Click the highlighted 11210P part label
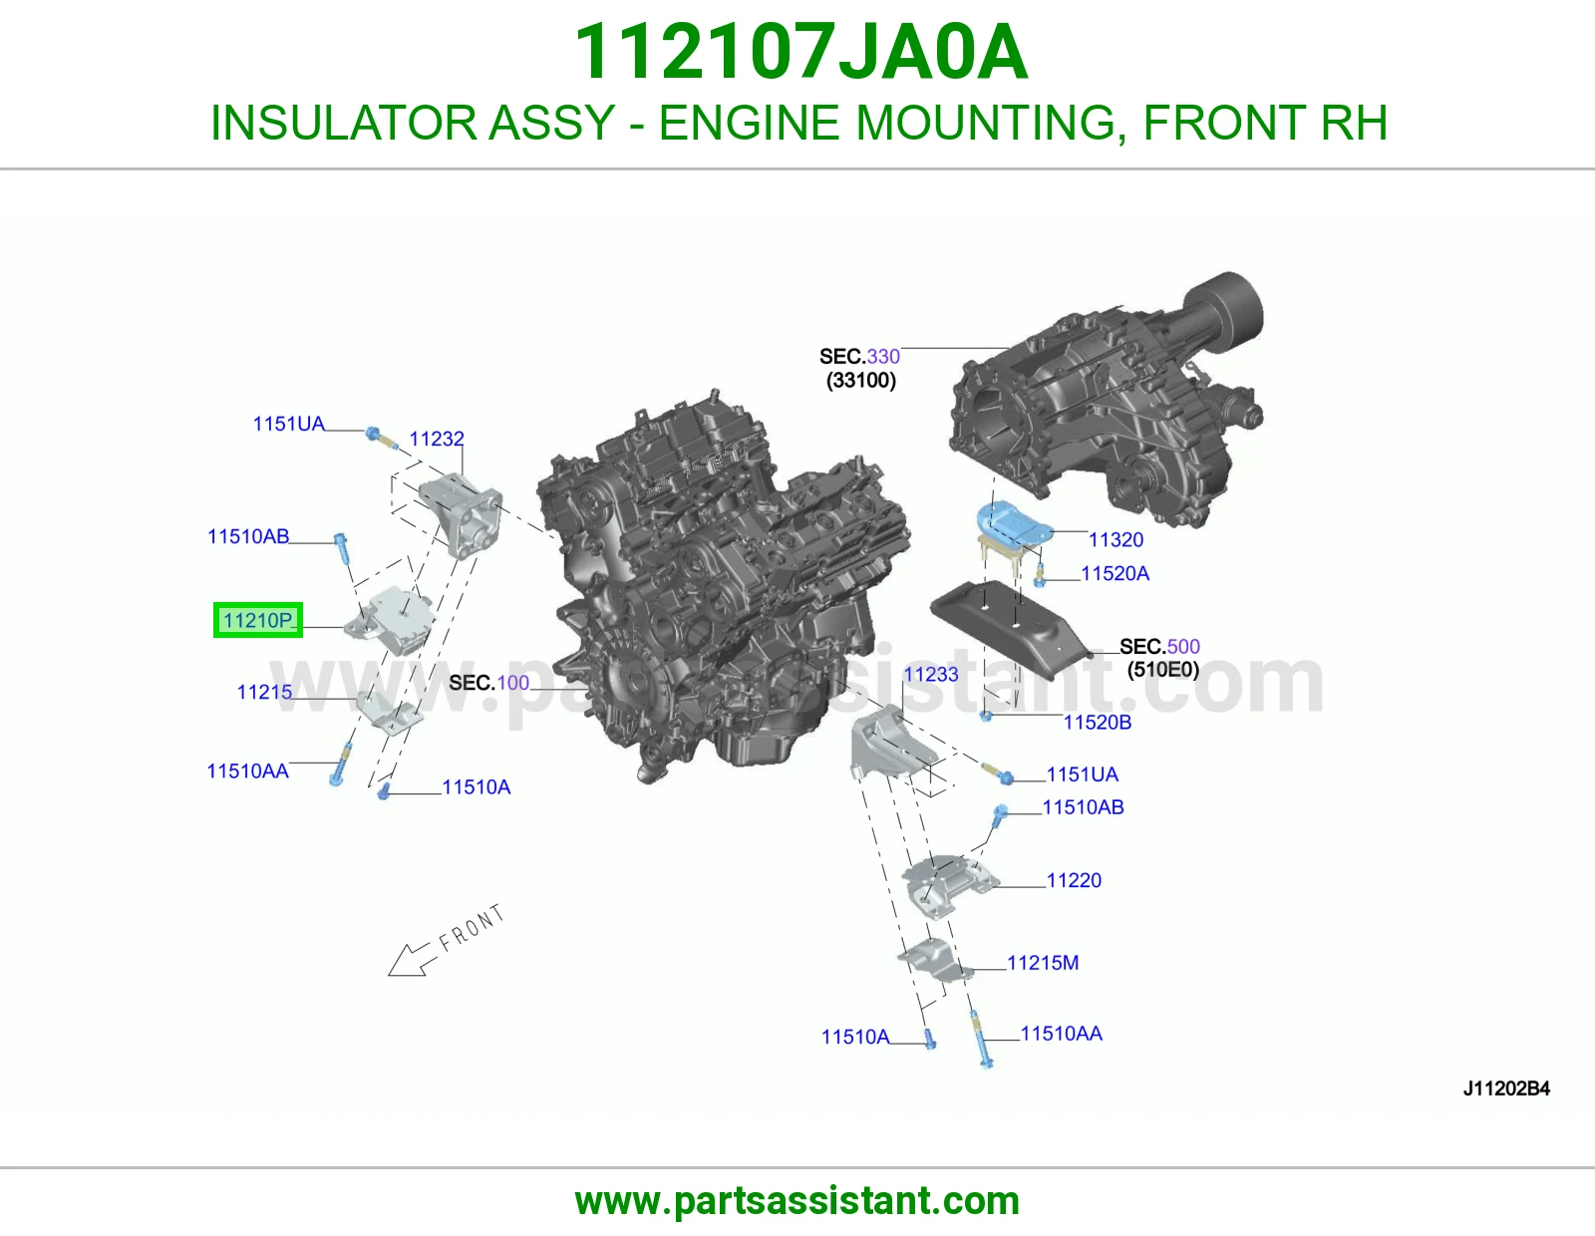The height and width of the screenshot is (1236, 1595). (257, 620)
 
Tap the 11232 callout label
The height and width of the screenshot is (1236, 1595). (436, 439)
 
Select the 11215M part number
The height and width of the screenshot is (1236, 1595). (1043, 963)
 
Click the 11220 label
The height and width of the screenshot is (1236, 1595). (1074, 881)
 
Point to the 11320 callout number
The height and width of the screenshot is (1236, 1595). (1116, 540)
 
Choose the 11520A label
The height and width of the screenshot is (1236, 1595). (1115, 574)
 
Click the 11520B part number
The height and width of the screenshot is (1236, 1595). (1098, 723)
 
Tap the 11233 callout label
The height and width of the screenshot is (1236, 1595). (931, 675)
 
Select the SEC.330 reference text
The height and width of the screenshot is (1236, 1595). (859, 357)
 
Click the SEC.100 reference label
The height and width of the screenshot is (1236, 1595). (488, 684)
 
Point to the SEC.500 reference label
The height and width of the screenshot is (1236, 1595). (1159, 647)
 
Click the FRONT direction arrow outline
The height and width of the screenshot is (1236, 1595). (408, 959)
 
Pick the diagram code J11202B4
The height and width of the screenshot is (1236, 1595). (1506, 1089)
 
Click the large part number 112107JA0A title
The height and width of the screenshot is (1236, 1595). (800, 52)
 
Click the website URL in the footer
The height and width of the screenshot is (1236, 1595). (797, 1202)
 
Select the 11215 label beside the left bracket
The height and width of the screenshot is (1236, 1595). (264, 692)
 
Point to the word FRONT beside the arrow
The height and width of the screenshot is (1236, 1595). (472, 928)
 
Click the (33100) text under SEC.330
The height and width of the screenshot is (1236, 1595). (861, 381)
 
